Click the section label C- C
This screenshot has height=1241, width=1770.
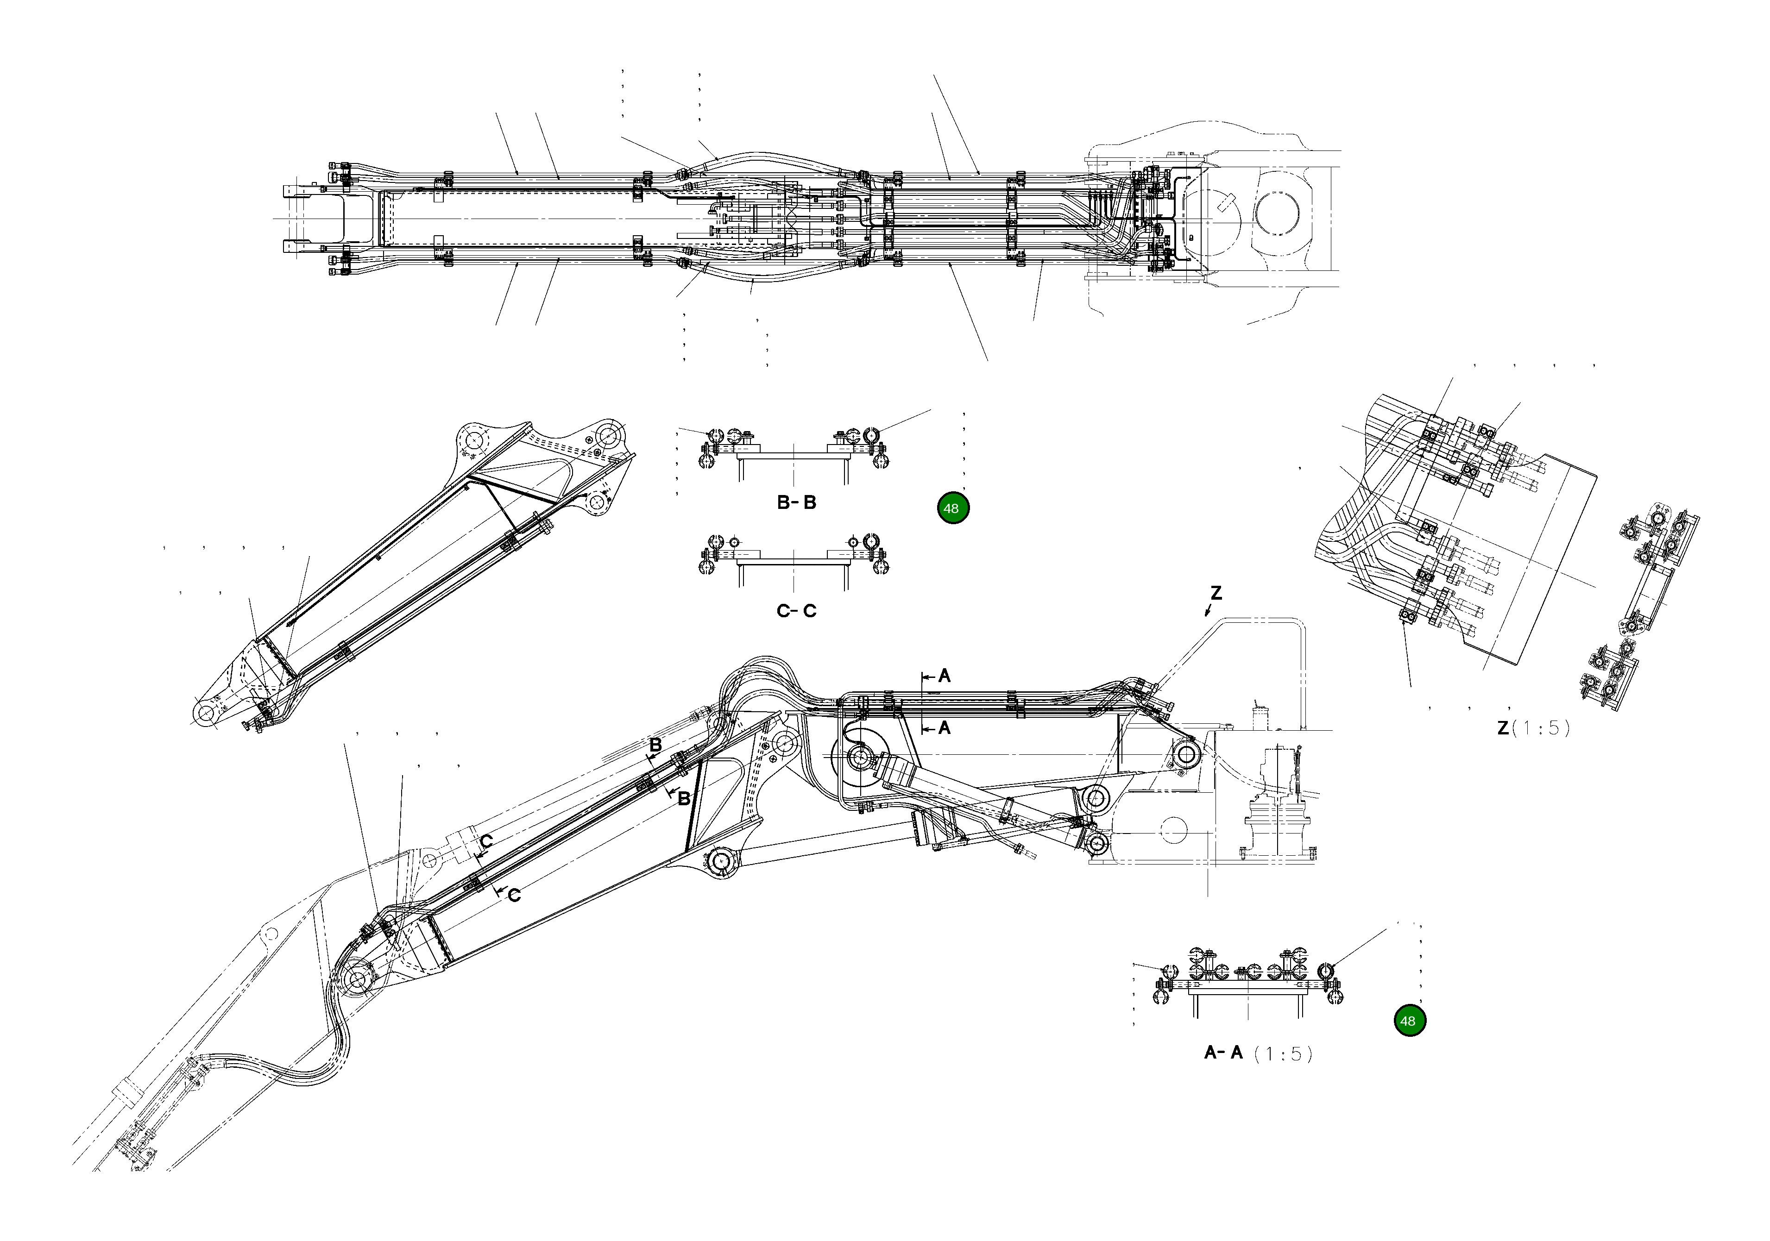click(x=796, y=611)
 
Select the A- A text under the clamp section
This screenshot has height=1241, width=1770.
click(x=1223, y=1053)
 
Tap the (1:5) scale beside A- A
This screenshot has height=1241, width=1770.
click(x=1282, y=1054)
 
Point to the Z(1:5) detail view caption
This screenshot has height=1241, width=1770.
click(x=1532, y=727)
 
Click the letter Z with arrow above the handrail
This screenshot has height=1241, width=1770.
click(x=1216, y=594)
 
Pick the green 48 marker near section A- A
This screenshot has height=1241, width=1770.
click(x=1409, y=1022)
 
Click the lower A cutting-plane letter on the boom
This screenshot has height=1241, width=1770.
click(x=945, y=727)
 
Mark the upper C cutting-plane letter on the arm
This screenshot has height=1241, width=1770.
click(x=486, y=841)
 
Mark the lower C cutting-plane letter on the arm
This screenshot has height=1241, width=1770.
click(x=514, y=895)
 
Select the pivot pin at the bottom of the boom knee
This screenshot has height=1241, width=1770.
click(x=722, y=861)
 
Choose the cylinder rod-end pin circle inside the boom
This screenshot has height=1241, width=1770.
click(x=860, y=758)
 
